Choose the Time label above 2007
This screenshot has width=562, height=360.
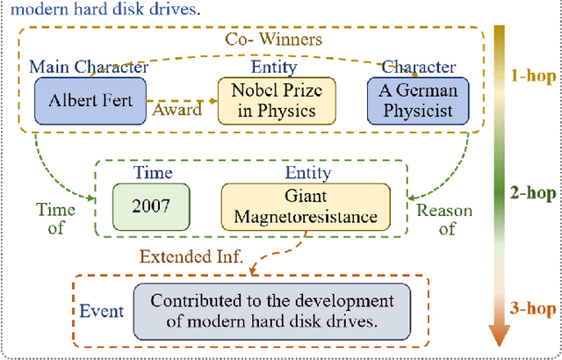[x=150, y=172]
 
